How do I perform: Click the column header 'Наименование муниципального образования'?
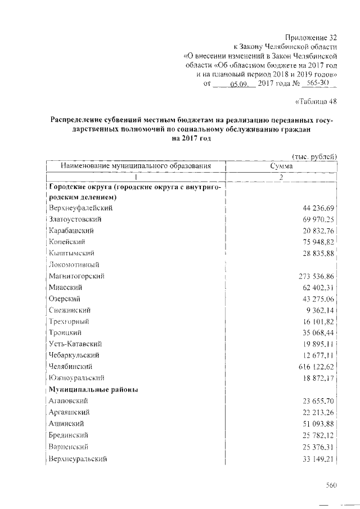[136, 166]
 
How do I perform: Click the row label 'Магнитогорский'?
[77, 276]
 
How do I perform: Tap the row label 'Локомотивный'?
[74, 264]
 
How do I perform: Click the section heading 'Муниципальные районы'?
[93, 389]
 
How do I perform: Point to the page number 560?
[331, 484]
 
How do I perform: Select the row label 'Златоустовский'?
[76, 219]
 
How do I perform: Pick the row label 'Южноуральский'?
[76, 378]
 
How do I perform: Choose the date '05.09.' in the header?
[239, 84]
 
